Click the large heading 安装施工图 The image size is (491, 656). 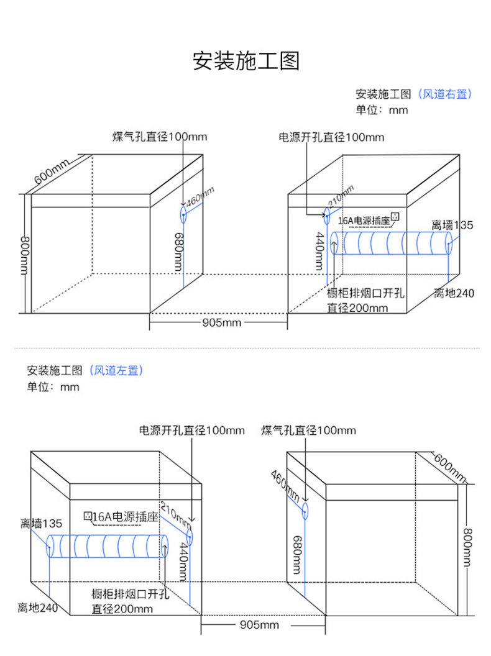point(245,61)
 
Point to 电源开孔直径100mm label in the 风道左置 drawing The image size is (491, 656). point(191,430)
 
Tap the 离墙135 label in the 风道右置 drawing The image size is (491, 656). point(452,225)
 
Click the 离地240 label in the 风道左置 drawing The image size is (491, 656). point(37,608)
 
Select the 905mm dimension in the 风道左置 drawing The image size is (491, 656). point(259,624)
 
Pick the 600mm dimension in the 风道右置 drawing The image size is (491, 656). point(52,171)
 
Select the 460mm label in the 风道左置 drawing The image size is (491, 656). point(285,487)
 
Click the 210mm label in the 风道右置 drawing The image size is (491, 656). point(340,196)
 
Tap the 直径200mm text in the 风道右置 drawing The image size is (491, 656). point(357,307)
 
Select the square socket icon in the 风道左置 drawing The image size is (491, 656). point(88,516)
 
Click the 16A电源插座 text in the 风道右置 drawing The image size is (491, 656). point(364,221)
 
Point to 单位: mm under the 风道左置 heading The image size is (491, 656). point(53,387)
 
